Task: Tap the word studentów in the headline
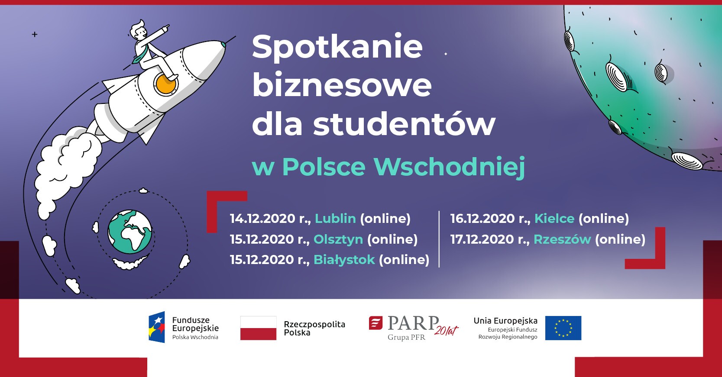(x=404, y=124)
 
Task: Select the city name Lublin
(x=335, y=219)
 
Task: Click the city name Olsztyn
(x=338, y=239)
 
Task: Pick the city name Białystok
(x=344, y=259)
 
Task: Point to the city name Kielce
(x=554, y=219)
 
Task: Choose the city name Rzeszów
(x=563, y=239)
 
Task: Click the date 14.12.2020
(x=262, y=219)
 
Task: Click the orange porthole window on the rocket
(x=166, y=84)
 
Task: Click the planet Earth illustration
(x=130, y=232)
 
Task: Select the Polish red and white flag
(x=258, y=328)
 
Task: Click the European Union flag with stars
(x=563, y=328)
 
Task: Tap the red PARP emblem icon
(x=376, y=323)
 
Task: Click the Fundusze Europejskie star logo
(x=157, y=327)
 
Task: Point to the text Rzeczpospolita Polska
(x=314, y=329)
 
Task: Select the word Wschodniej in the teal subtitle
(x=449, y=167)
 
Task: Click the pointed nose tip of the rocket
(x=224, y=43)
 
